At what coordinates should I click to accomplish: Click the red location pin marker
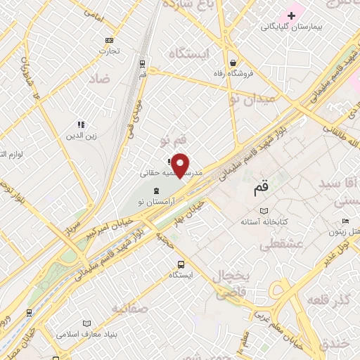tap(181, 165)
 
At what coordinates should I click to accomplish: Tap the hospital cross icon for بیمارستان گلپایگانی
tap(310, 15)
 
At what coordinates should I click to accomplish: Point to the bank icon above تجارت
tap(108, 40)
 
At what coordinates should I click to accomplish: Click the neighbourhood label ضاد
tap(100, 79)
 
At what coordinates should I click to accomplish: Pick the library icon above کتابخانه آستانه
tap(264, 212)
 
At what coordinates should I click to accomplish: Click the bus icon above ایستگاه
tap(181, 264)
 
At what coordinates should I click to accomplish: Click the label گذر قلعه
tap(328, 302)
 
